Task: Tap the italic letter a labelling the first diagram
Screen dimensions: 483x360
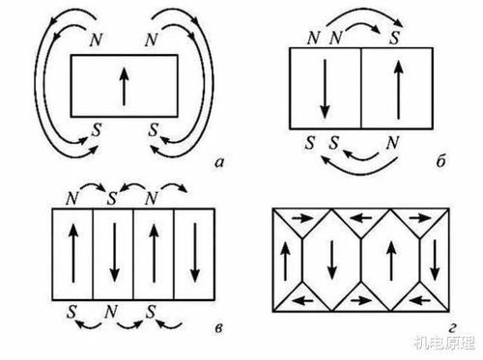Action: pyautogui.click(x=219, y=163)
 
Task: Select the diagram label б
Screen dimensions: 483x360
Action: pyautogui.click(x=440, y=160)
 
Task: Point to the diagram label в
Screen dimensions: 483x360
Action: pyautogui.click(x=218, y=329)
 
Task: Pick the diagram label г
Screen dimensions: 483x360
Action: pyautogui.click(x=452, y=328)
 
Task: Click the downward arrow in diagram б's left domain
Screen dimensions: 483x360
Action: pyautogui.click(x=325, y=89)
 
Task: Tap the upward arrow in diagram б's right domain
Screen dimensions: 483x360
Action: pyautogui.click(x=399, y=90)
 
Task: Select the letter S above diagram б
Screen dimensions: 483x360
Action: pyautogui.click(x=394, y=38)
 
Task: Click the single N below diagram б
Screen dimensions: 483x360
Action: pyautogui.click(x=392, y=143)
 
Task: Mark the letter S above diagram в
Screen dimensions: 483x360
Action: pyautogui.click(x=112, y=199)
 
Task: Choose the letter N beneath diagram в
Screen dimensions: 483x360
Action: pyautogui.click(x=111, y=312)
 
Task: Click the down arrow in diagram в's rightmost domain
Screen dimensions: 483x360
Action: pyautogui.click(x=194, y=253)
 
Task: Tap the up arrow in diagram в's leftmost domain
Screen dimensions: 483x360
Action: pyautogui.click(x=73, y=253)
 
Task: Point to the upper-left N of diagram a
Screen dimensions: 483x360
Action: pyautogui.click(x=96, y=41)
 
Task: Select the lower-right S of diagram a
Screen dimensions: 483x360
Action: pyautogui.click(x=154, y=130)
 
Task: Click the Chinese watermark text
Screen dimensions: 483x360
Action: pyautogui.click(x=444, y=343)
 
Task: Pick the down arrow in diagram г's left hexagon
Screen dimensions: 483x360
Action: pyautogui.click(x=332, y=260)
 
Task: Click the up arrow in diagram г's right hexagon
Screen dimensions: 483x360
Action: pyautogui.click(x=391, y=261)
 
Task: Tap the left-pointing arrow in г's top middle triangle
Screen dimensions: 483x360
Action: pyautogui.click(x=361, y=219)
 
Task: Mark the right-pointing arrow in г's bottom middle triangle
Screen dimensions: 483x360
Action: pyautogui.click(x=361, y=301)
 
